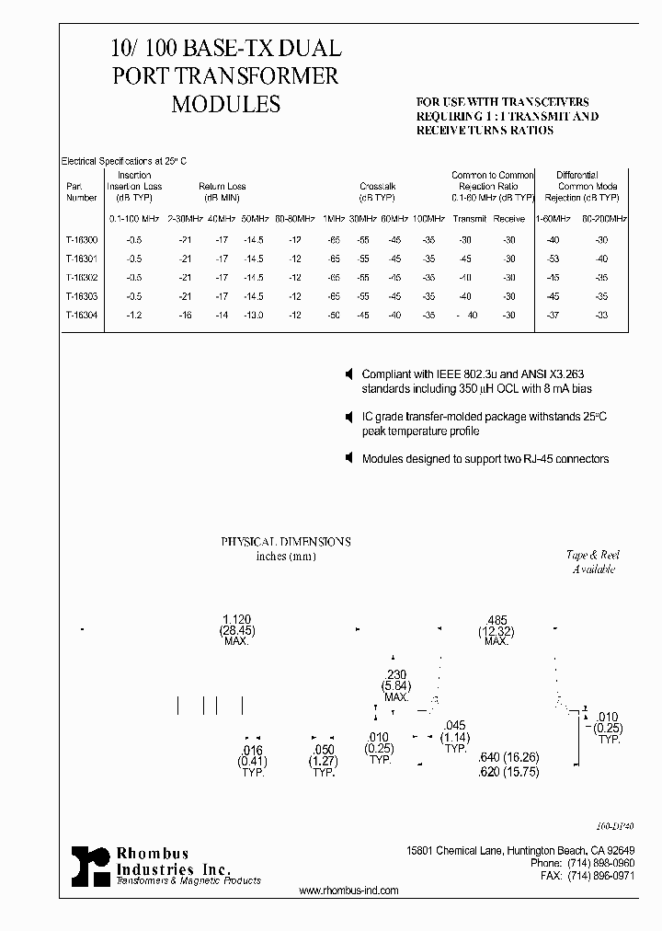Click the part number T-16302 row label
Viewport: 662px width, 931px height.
pyautogui.click(x=82, y=277)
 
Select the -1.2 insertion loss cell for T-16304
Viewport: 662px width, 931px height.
pyautogui.click(x=134, y=316)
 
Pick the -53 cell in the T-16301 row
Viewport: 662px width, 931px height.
pyautogui.click(x=553, y=259)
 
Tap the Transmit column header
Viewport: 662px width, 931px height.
pyautogui.click(x=470, y=219)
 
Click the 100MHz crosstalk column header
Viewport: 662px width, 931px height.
pyautogui.click(x=429, y=219)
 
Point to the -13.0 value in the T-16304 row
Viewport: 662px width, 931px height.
pyautogui.click(x=253, y=316)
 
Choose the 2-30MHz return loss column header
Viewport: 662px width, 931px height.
pyautogui.click(x=185, y=219)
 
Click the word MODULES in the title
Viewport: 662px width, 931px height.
pyautogui.click(x=225, y=104)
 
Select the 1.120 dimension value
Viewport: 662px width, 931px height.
pyautogui.click(x=237, y=619)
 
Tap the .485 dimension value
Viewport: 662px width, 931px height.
pyautogui.click(x=496, y=619)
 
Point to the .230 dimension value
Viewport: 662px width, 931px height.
pyautogui.click(x=396, y=675)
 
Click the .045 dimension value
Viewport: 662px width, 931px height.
pyautogui.click(x=455, y=726)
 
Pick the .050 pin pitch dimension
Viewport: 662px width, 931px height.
pyautogui.click(x=323, y=751)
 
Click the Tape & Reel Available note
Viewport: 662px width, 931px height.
pyautogui.click(x=593, y=561)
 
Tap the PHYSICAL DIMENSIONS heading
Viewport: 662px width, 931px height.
pyautogui.click(x=285, y=542)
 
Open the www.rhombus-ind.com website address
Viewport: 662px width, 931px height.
pyautogui.click(x=349, y=891)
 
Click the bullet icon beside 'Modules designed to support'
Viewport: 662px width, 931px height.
pyautogui.click(x=348, y=458)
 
